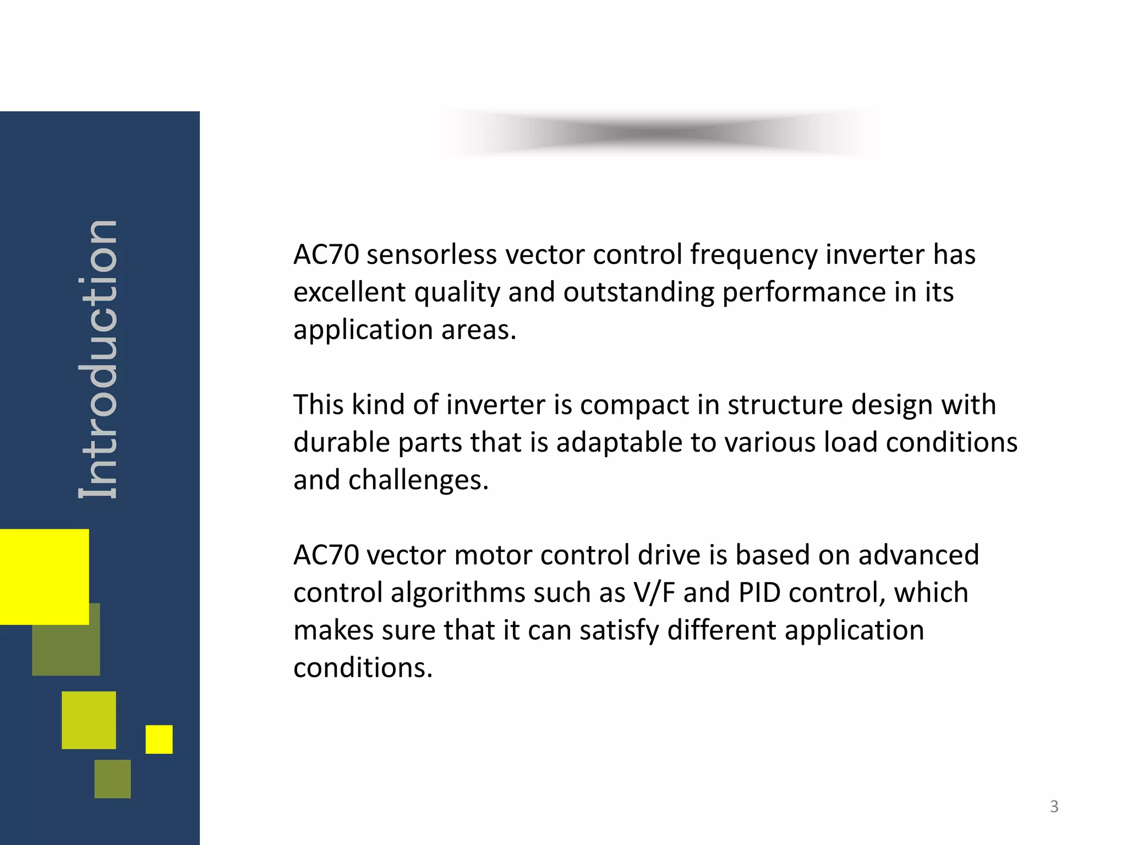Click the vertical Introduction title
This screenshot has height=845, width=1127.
(x=98, y=360)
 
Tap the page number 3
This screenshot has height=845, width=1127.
(x=1054, y=806)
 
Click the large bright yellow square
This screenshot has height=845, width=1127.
(x=44, y=576)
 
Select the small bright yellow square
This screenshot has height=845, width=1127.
(x=159, y=739)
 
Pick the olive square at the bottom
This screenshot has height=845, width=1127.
(x=113, y=778)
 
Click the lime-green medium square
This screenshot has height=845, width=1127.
(x=89, y=720)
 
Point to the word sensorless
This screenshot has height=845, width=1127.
(x=431, y=255)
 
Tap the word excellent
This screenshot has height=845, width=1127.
(x=349, y=292)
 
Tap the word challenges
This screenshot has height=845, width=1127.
(x=418, y=481)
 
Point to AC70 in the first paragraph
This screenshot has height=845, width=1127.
(x=326, y=255)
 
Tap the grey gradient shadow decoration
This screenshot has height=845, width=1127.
(x=660, y=133)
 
